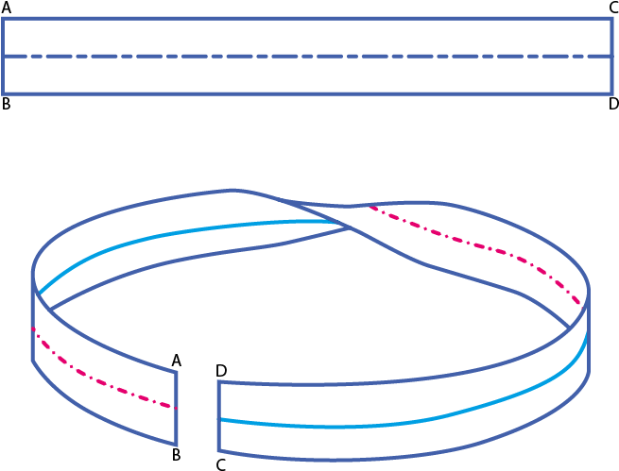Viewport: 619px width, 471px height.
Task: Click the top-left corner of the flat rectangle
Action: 3,19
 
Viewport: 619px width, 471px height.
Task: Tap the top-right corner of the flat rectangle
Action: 610,19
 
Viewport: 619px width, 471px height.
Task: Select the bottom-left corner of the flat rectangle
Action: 3,93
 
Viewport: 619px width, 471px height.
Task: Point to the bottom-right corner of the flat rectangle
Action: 610,93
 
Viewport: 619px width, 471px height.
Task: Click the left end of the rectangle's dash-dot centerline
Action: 5,57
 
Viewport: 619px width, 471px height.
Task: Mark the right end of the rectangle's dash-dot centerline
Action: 610,57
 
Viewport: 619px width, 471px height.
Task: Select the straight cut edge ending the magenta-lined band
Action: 177,407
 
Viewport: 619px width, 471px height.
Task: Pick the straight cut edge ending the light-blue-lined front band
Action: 218,416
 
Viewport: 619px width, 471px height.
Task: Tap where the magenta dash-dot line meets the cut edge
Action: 176,408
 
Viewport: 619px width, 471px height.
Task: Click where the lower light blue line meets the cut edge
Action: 219,418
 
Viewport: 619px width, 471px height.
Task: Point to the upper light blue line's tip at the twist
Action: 335,223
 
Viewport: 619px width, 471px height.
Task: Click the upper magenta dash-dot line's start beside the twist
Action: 370,207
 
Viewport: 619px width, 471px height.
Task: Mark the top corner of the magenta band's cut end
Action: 177,371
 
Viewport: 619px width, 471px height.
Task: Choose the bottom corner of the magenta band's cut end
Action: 177,445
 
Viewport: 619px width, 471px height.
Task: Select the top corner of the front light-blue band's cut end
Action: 218,381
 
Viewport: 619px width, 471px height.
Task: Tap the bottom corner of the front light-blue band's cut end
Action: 218,451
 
